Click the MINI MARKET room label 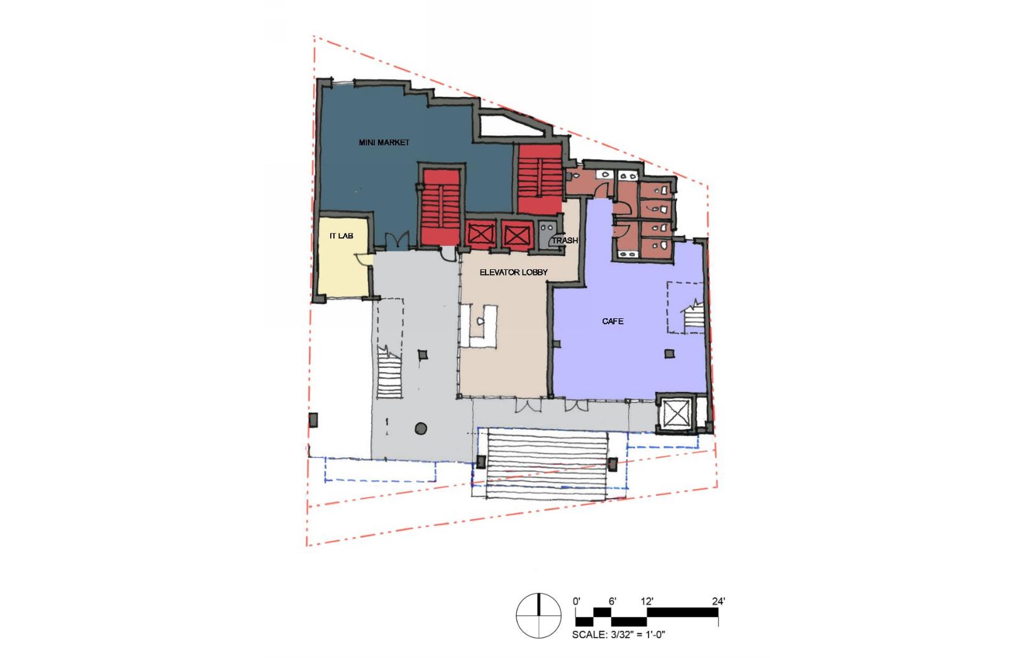384,143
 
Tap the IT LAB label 341,236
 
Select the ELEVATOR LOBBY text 514,272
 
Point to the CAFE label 613,321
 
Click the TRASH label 565,240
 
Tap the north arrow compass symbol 538,615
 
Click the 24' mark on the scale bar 719,601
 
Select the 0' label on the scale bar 577,601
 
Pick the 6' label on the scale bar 612,601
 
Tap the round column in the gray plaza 421,428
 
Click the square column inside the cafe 669,354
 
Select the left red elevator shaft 481,235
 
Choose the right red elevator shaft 516,235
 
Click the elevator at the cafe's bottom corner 675,413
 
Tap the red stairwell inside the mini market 441,207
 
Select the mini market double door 397,240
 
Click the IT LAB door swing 363,259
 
